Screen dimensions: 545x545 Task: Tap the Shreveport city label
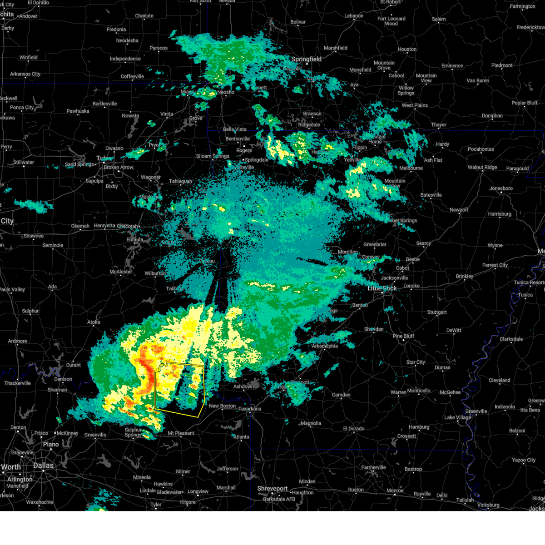tap(272, 489)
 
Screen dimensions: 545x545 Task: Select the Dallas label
tap(43, 466)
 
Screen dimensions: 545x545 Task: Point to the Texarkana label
tap(250, 409)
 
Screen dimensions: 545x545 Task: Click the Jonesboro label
tap(500, 188)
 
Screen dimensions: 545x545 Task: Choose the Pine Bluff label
tap(403, 336)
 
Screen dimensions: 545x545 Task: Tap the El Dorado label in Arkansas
tap(353, 429)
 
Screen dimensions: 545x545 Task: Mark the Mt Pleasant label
tap(181, 433)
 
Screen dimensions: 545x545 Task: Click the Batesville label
tap(431, 195)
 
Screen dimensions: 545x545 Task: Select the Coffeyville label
tap(132, 76)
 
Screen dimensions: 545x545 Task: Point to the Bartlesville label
tap(104, 104)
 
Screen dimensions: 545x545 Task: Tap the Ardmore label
tap(17, 341)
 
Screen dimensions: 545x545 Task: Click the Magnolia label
tap(311, 423)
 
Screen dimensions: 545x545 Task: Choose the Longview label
tap(198, 491)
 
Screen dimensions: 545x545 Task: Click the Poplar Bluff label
tap(525, 103)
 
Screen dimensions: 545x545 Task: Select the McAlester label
tap(121, 272)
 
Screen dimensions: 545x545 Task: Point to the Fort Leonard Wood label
tap(391, 21)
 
